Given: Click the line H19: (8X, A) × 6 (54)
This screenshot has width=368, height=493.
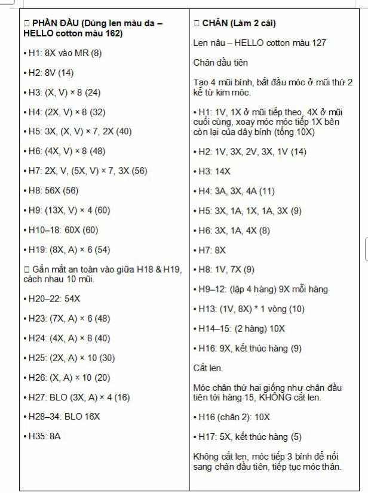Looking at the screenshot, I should point(69,249).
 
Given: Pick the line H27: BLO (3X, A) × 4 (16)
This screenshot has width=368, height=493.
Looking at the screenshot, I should point(78,397).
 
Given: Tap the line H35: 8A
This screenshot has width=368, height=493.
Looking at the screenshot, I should point(44,436).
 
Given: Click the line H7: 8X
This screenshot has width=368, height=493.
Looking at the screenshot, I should point(212,250).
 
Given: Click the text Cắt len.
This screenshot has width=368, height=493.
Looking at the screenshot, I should point(208,368).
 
